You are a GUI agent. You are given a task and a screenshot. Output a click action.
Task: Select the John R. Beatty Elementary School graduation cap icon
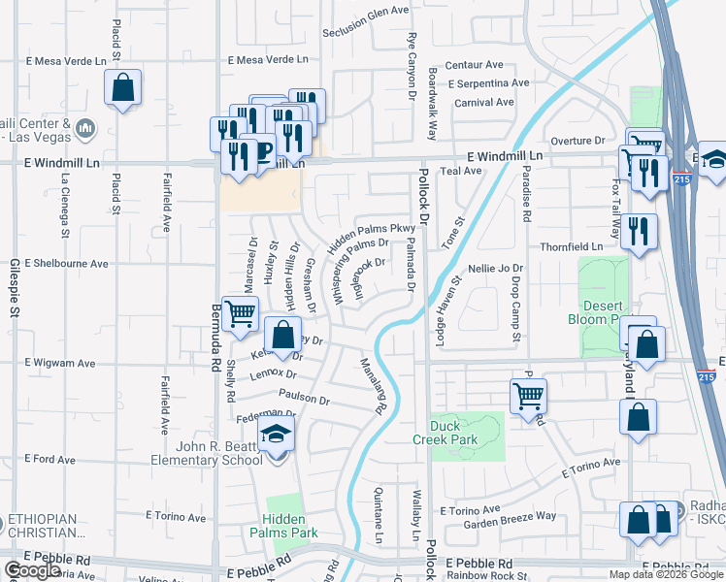(x=277, y=434)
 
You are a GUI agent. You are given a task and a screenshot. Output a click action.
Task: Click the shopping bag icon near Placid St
(x=123, y=88)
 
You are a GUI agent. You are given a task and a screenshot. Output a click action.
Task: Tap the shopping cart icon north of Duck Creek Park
(x=528, y=394)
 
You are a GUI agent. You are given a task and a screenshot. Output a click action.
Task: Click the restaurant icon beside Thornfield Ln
(x=639, y=231)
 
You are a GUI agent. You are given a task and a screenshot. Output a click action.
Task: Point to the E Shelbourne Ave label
(x=66, y=263)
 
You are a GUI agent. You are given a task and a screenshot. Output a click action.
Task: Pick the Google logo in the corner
(x=32, y=570)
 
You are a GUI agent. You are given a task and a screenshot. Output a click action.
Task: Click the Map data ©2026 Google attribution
(x=665, y=574)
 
